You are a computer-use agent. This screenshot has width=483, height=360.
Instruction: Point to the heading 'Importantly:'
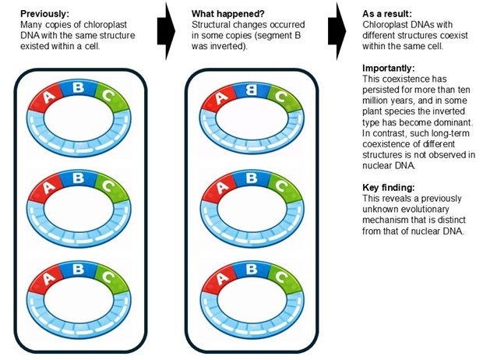point(389,69)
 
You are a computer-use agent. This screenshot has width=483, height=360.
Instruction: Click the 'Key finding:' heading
point(390,188)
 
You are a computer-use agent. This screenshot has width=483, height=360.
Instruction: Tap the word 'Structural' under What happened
point(211,25)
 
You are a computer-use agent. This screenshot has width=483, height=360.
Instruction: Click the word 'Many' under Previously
point(30,25)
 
